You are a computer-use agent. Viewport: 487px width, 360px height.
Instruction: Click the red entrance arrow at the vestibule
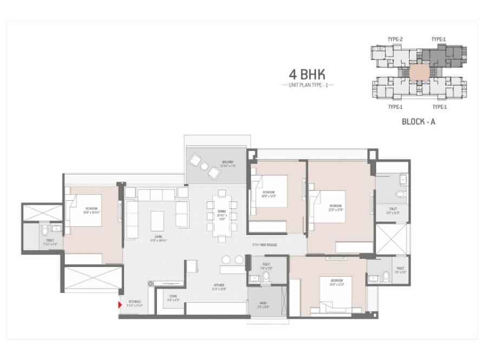point(120,305)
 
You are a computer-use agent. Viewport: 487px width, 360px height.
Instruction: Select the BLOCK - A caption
point(418,122)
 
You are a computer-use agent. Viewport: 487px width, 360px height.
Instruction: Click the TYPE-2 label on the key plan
point(396,39)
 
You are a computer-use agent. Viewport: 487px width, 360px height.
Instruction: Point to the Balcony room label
point(227,162)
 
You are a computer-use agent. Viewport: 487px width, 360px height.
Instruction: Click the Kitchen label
point(219,285)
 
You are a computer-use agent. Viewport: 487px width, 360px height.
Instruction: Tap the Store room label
point(173,296)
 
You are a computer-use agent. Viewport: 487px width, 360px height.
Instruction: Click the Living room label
point(159,238)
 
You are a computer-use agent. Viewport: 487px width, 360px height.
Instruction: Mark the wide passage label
point(265,245)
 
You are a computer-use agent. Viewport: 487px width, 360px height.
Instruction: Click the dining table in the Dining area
point(221,217)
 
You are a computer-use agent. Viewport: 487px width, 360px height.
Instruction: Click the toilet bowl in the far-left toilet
point(45,232)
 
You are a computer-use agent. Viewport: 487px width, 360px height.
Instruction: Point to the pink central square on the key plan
point(418,71)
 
